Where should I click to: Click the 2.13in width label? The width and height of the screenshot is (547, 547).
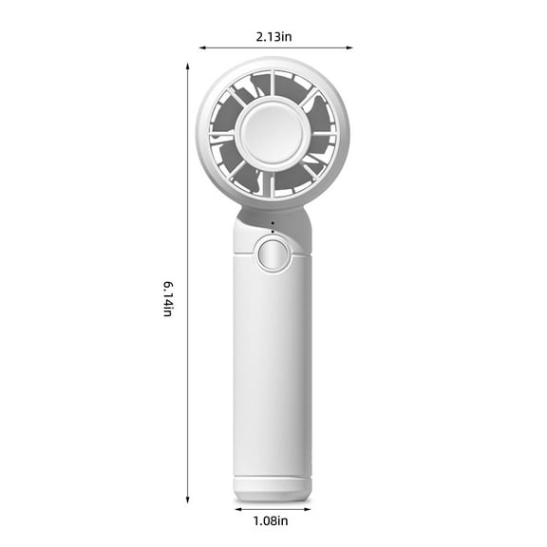273,37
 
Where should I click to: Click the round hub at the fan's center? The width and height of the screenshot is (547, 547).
273,133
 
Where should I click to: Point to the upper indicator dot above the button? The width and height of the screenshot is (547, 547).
273,225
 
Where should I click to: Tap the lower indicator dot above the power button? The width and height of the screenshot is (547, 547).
273,232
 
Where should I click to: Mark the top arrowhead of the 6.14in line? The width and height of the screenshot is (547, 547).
188,63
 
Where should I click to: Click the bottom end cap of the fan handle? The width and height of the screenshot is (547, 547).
273,488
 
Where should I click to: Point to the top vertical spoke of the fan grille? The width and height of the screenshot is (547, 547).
273,84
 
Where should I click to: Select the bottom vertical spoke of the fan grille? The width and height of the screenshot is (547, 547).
273,183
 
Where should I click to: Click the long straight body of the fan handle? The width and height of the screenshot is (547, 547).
273,370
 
